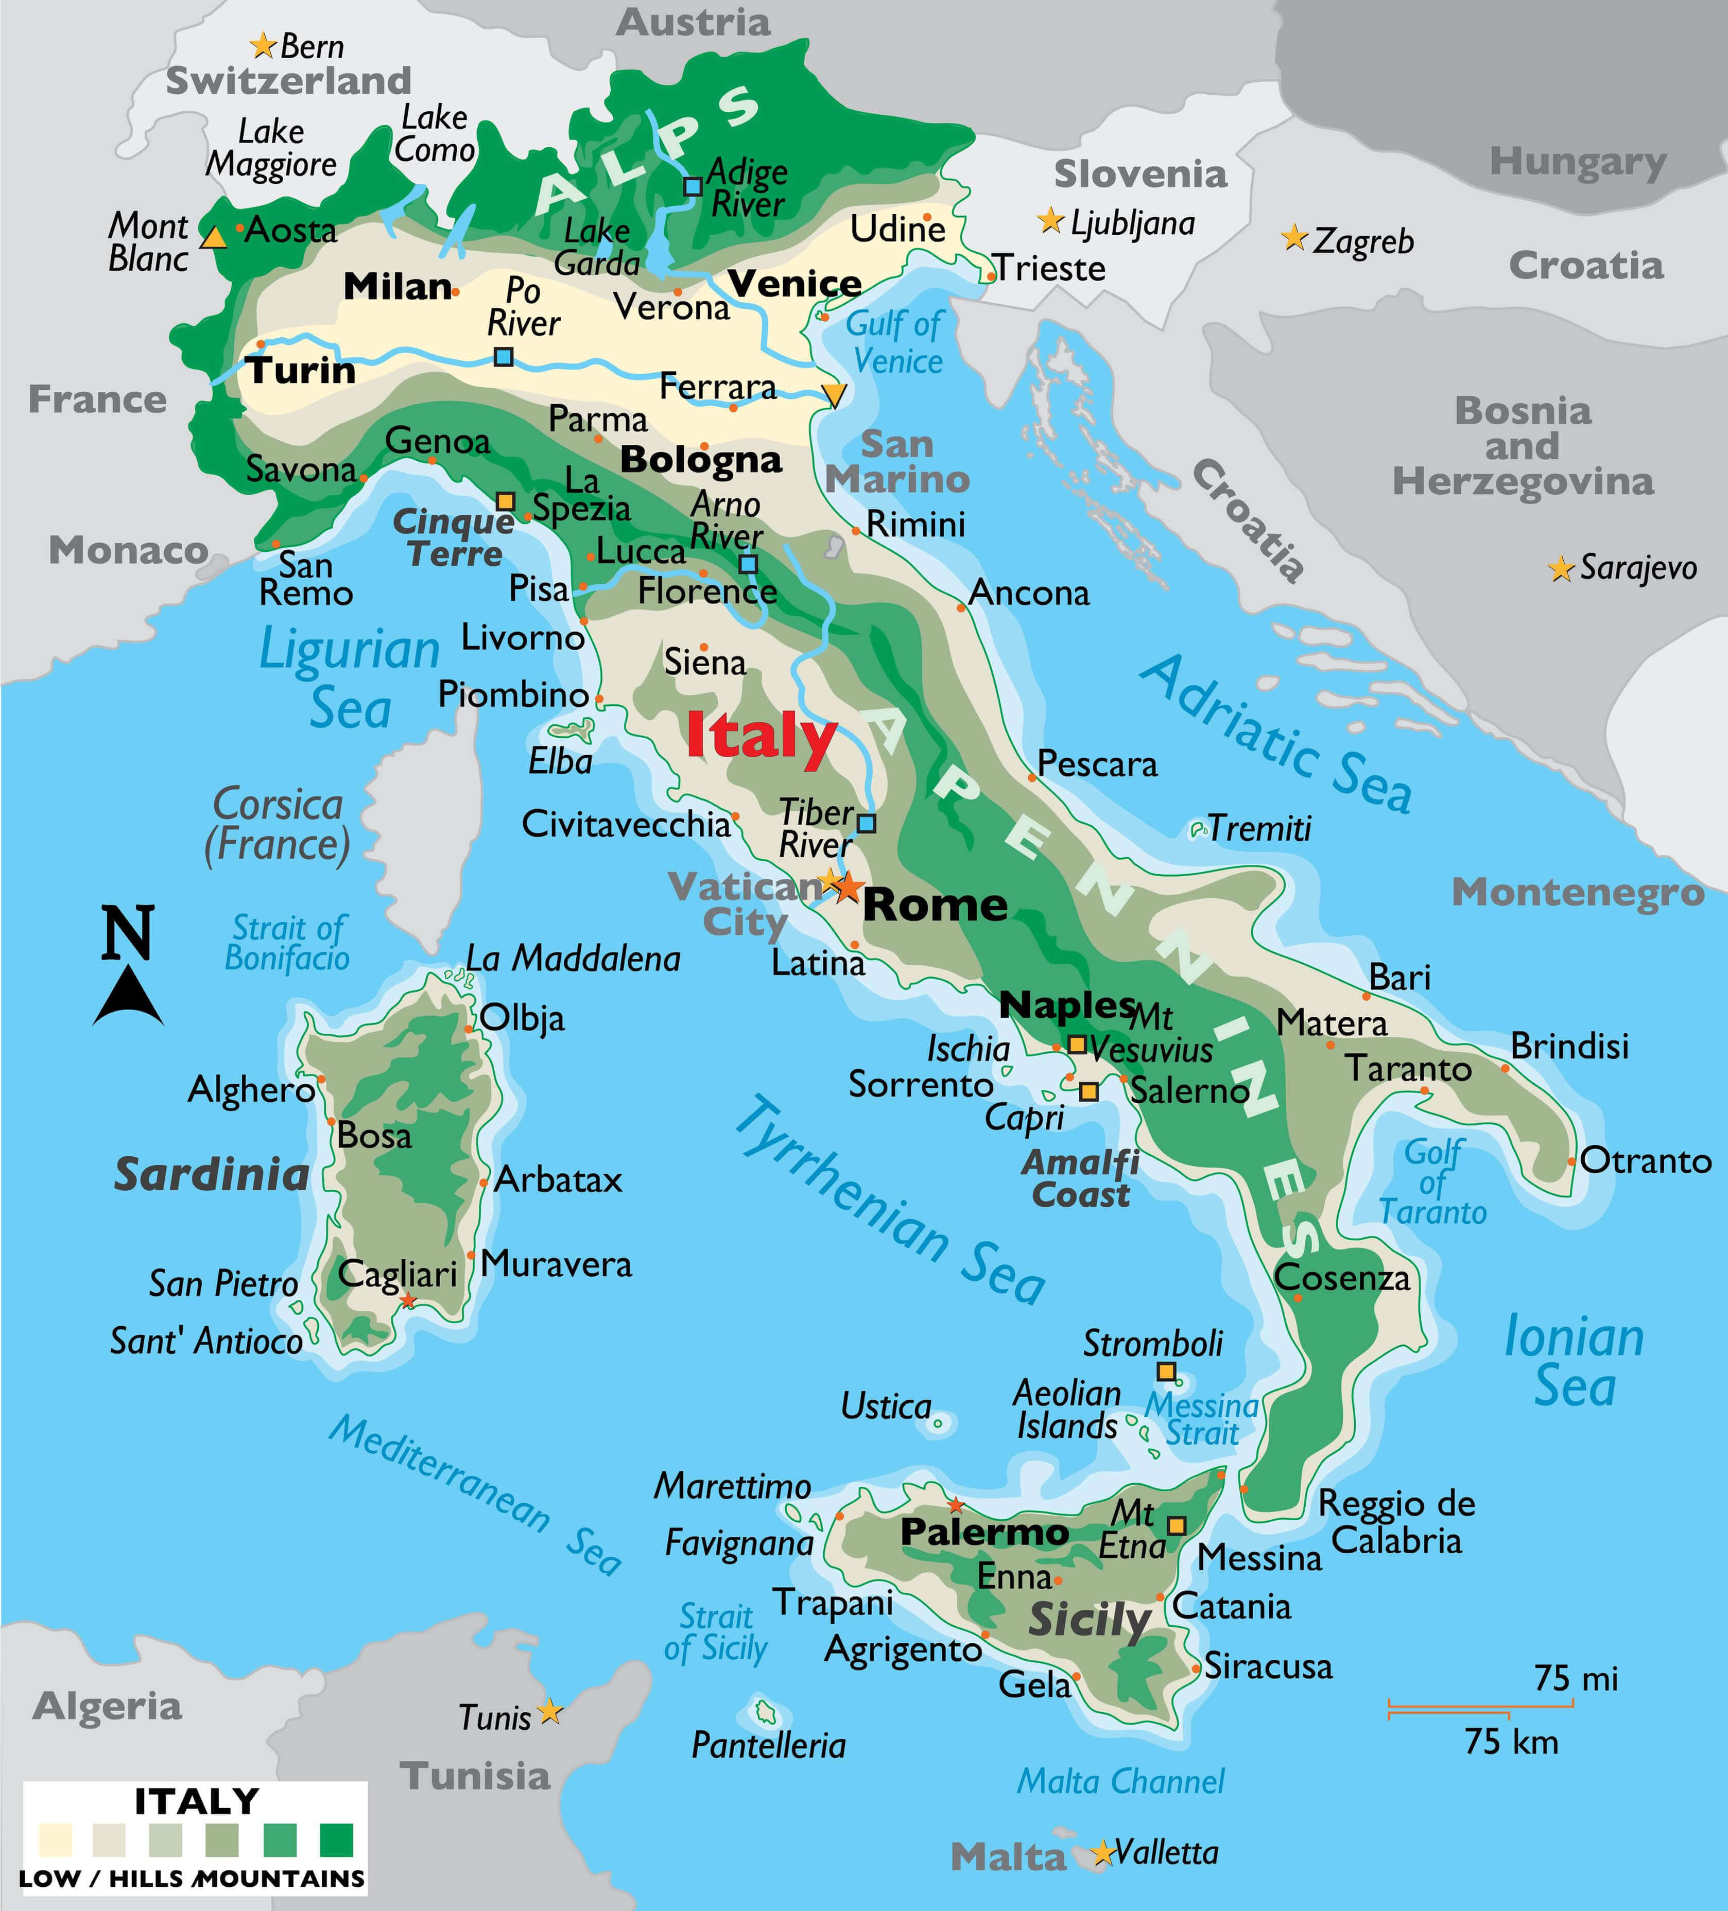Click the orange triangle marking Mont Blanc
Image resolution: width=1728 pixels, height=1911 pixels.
214,237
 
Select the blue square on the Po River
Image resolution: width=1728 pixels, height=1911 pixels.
504,356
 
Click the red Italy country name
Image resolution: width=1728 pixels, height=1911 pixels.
761,736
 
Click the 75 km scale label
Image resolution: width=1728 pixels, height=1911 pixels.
1511,1741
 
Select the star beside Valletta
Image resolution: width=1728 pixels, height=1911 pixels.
1101,1853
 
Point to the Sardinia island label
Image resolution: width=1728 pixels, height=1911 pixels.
212,1174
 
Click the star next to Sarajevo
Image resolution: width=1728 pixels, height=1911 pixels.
1560,569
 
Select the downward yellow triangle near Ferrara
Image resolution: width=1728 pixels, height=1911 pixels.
833,394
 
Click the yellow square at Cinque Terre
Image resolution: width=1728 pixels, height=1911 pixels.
506,500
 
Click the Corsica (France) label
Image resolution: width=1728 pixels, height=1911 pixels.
277,824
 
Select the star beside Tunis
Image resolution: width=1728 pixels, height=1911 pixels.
550,1712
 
